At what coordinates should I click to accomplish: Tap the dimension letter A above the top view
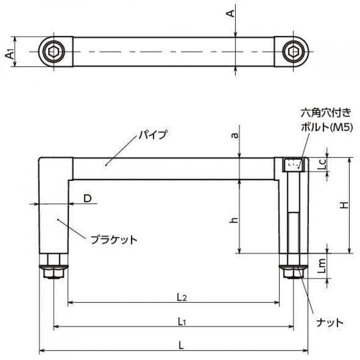click(x=230, y=13)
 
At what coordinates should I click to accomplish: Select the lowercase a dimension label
click(x=234, y=135)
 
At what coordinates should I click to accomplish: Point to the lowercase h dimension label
click(x=234, y=220)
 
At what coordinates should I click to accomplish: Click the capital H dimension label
click(x=344, y=205)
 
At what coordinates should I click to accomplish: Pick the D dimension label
click(x=87, y=198)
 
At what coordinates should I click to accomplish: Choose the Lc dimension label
click(x=322, y=164)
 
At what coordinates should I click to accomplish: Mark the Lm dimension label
click(x=322, y=266)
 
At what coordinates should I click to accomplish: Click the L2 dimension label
click(x=182, y=297)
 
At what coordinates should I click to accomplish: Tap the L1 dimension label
click(x=182, y=322)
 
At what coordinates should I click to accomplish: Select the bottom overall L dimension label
click(x=181, y=345)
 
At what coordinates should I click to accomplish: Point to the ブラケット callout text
click(x=114, y=240)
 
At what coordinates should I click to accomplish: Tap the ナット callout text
click(x=330, y=323)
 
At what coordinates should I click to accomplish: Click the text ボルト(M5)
click(x=327, y=127)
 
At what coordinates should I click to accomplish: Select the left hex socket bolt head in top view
click(x=54, y=52)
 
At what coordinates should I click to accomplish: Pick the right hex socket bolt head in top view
click(x=294, y=52)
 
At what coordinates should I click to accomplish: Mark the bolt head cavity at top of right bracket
click(x=293, y=164)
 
